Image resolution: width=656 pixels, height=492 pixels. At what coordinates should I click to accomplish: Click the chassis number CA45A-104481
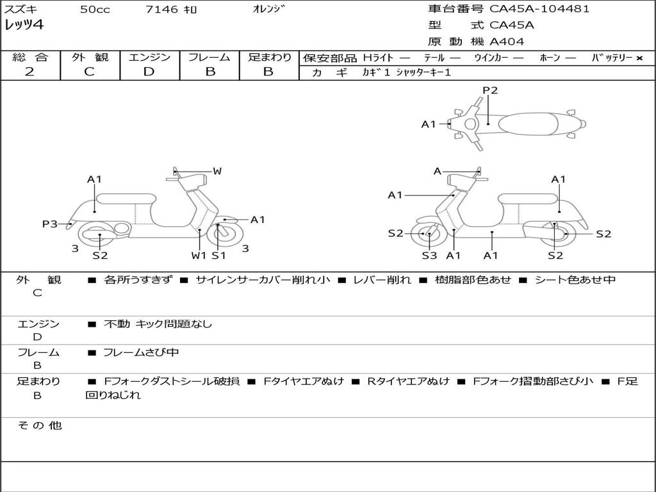point(539,9)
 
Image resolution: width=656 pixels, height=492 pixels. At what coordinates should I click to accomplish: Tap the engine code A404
point(506,42)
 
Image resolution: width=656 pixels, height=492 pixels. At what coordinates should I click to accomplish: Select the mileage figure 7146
point(162,9)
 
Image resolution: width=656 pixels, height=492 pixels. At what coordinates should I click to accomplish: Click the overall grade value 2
point(29,72)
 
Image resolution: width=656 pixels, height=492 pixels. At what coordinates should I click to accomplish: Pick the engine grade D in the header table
point(149,72)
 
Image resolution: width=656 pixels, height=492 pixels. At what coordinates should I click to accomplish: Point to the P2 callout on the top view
point(490,90)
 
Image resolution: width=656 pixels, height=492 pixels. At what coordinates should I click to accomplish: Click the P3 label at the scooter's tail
point(50,224)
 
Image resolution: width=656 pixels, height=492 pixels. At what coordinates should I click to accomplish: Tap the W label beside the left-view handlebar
point(217,170)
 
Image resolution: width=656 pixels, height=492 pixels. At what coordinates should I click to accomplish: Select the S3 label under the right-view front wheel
point(429,255)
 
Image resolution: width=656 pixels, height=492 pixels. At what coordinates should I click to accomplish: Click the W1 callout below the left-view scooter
point(199,255)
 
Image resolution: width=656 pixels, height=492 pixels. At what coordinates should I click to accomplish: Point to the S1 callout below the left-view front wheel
point(219,255)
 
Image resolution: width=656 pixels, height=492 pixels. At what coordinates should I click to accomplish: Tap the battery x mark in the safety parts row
point(639,58)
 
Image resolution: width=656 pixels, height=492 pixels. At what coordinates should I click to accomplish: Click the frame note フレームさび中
point(141,352)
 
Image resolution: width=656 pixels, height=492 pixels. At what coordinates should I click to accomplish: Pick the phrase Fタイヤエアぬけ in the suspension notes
point(304,381)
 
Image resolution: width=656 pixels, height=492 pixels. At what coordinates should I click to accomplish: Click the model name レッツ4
point(24,25)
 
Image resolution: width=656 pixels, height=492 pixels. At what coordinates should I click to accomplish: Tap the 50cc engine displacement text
point(95,9)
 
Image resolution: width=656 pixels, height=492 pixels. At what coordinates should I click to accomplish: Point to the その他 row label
point(40,425)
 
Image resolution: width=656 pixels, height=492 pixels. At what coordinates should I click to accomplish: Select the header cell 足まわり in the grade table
point(269,57)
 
